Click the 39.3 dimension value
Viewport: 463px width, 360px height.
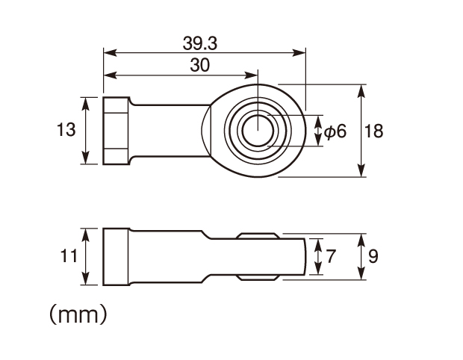(x=200, y=43)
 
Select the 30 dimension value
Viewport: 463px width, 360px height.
(x=200, y=65)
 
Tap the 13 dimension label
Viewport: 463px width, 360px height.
(x=66, y=130)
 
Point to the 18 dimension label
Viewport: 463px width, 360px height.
(x=374, y=131)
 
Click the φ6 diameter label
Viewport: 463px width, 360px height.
(x=335, y=131)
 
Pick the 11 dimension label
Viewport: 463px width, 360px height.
(x=69, y=255)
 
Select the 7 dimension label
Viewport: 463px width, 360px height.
(x=331, y=256)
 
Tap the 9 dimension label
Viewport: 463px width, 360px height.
(x=373, y=256)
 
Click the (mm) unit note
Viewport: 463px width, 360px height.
(x=78, y=314)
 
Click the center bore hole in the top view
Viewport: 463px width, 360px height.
(x=258, y=131)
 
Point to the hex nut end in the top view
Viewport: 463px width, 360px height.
(x=116, y=131)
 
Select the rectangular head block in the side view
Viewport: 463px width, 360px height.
(x=116, y=257)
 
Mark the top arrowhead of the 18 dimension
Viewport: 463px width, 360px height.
(x=361, y=91)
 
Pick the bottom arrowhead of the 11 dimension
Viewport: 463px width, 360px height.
(x=85, y=278)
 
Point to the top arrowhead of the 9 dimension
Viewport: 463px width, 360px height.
(x=361, y=240)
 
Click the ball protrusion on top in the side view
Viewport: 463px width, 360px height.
(x=258, y=236)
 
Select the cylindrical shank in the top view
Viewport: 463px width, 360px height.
(x=170, y=131)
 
